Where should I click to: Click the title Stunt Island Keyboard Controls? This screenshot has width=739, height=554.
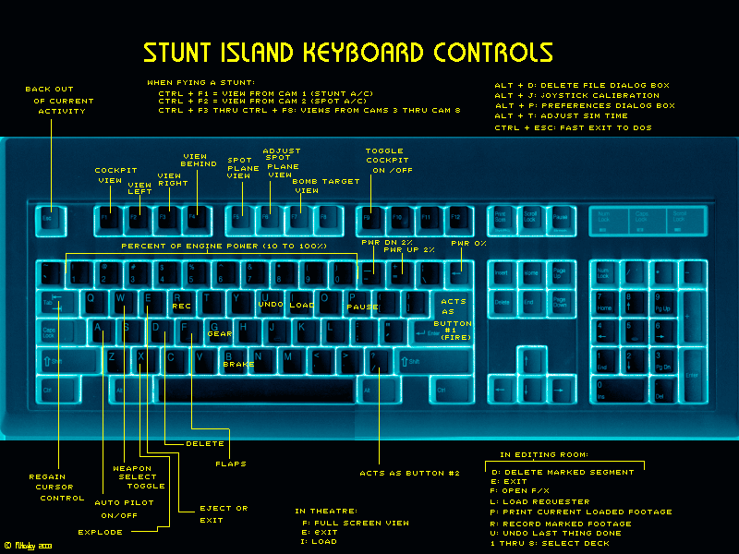[x=347, y=52]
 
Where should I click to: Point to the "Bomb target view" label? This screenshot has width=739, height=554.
[x=325, y=186]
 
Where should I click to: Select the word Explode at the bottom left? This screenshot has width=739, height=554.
[x=100, y=532]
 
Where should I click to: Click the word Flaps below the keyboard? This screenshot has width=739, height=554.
[x=231, y=464]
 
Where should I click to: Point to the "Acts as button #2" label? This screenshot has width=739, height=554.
[x=409, y=474]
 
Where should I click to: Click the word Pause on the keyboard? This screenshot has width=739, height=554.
[x=363, y=307]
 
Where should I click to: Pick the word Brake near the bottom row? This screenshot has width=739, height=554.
[x=238, y=365]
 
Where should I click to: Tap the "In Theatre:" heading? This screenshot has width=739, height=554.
[x=325, y=511]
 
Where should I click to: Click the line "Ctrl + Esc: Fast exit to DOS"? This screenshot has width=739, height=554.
[x=573, y=127]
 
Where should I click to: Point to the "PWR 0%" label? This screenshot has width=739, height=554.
[x=468, y=243]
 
